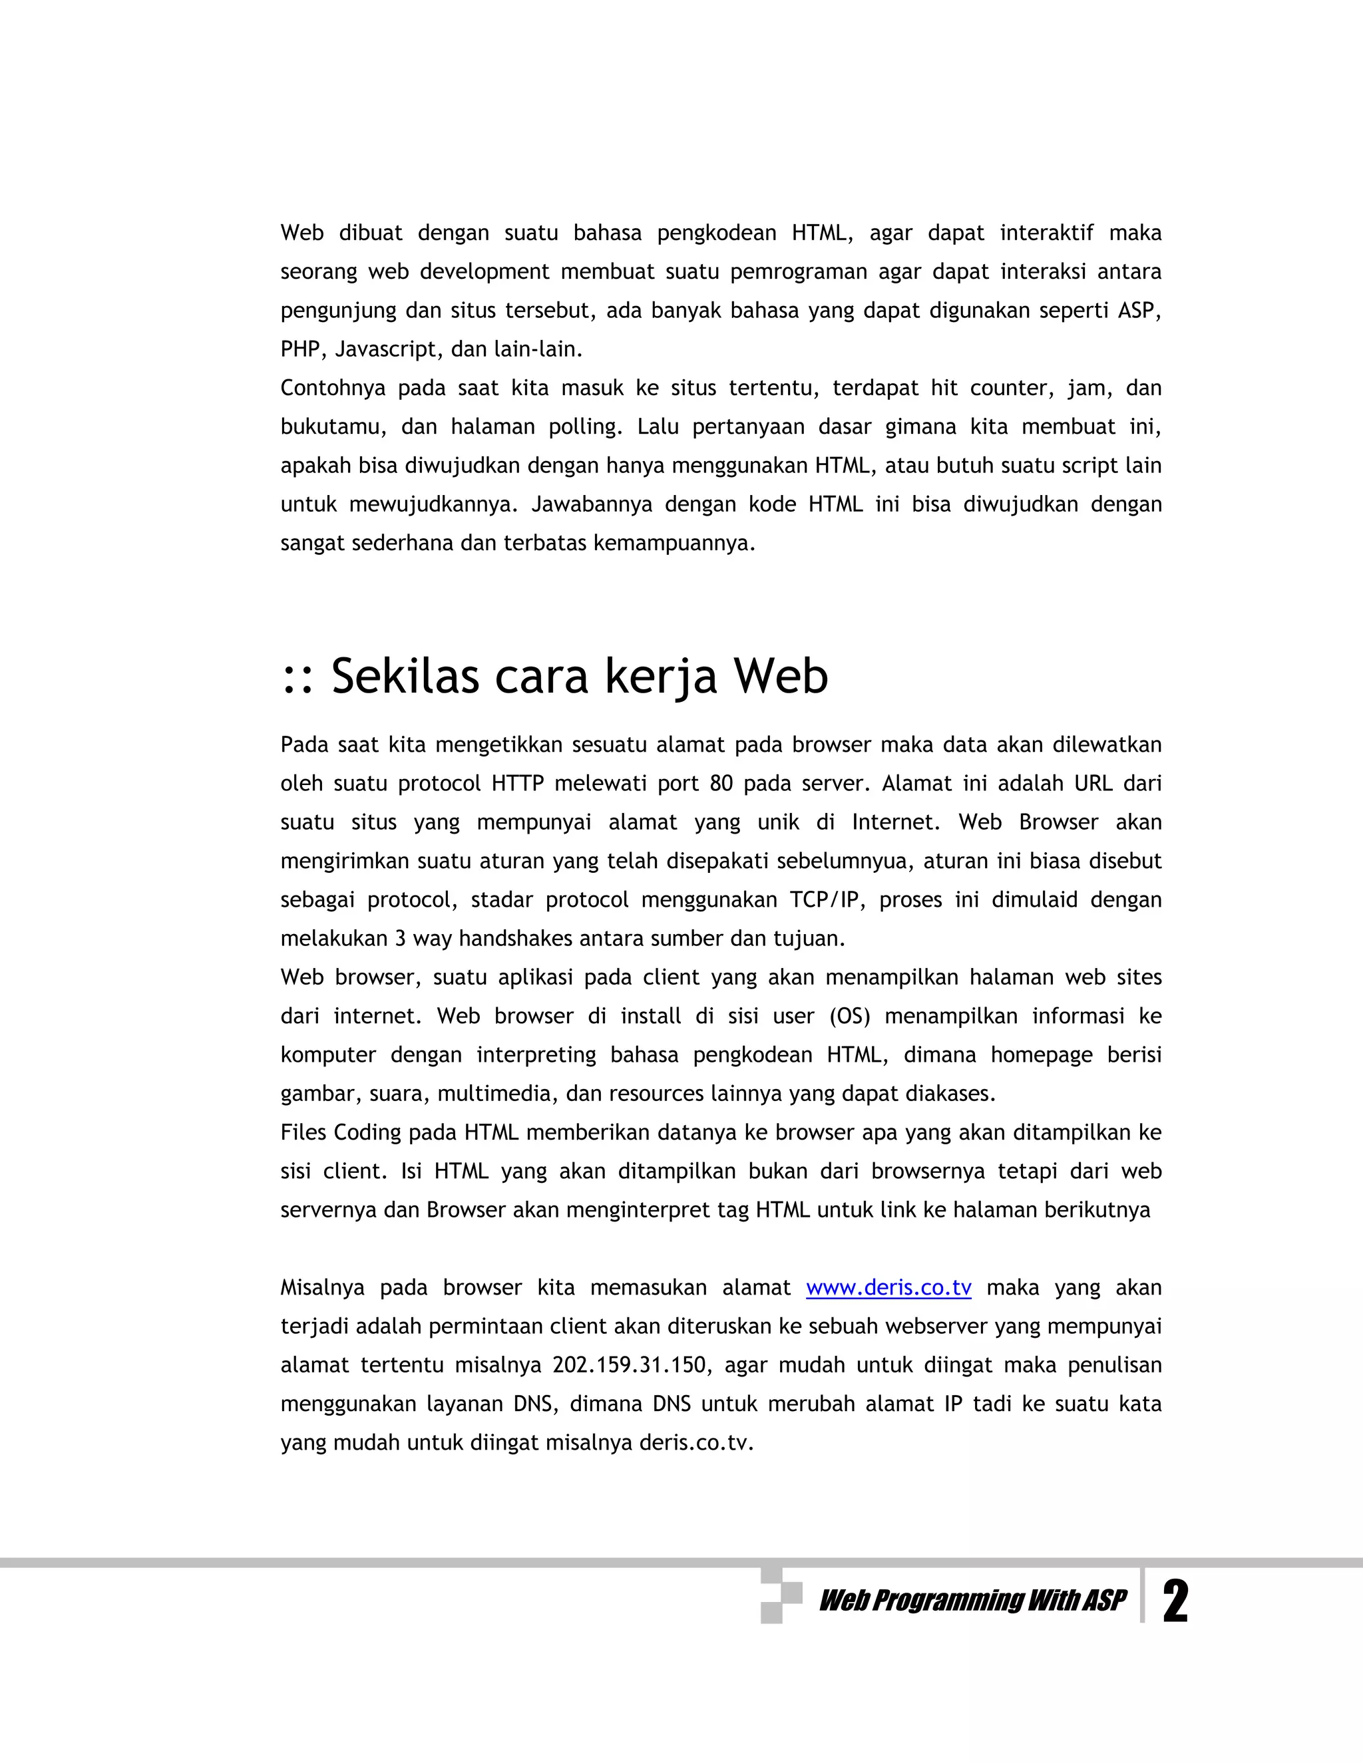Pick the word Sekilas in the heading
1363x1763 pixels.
[x=405, y=676]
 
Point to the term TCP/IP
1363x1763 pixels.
[x=824, y=900]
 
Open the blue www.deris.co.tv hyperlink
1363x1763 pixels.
[x=888, y=1287]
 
